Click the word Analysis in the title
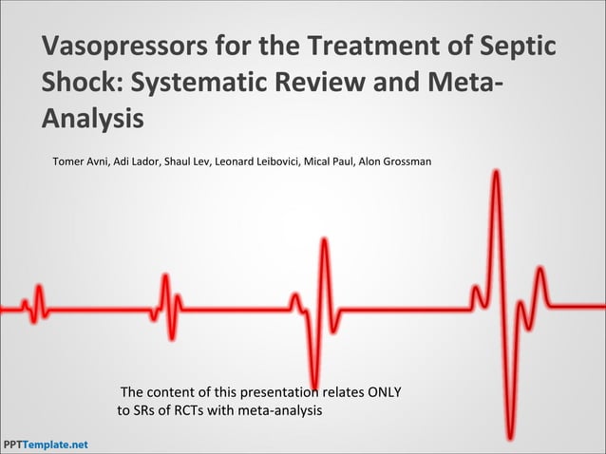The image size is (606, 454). pyautogui.click(x=93, y=120)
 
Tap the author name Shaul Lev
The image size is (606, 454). pyautogui.click(x=187, y=161)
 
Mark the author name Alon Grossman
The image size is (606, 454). pyautogui.click(x=396, y=161)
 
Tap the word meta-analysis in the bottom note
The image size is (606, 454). pyautogui.click(x=277, y=411)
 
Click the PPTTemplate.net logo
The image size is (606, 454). pyautogui.click(x=45, y=445)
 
